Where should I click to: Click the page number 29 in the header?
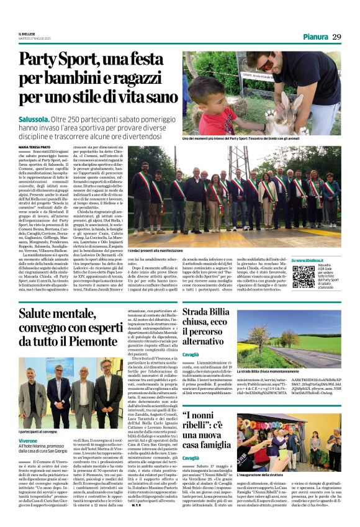coord(336,37)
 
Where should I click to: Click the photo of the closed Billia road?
coord(288,338)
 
